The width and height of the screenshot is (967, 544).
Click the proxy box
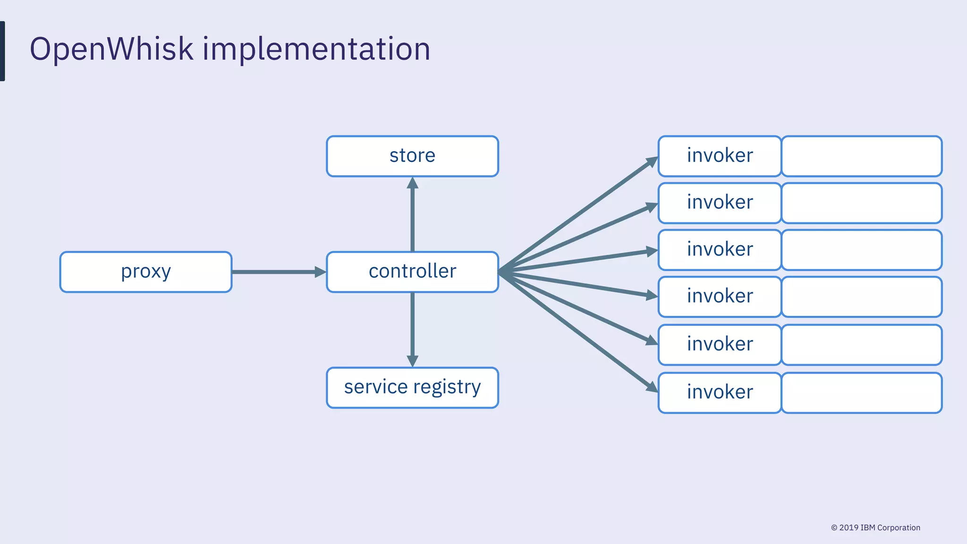click(x=145, y=272)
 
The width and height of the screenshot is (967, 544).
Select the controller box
click(x=412, y=272)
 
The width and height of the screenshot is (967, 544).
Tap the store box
click(x=412, y=156)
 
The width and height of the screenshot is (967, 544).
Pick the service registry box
click(x=412, y=388)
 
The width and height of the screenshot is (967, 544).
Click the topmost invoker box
click(x=720, y=156)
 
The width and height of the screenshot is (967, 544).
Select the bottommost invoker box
click(x=720, y=393)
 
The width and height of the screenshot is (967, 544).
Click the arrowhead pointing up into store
click(x=412, y=183)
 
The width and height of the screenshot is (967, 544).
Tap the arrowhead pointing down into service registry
click(x=412, y=361)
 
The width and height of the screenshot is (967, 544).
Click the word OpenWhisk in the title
click(x=111, y=50)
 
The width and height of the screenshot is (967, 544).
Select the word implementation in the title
click(x=316, y=50)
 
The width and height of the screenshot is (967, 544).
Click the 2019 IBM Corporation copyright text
click(x=875, y=527)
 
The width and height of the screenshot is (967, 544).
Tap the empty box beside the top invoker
click(x=862, y=156)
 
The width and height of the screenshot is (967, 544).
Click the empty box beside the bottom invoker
click(x=862, y=393)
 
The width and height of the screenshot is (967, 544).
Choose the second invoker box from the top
click(x=720, y=203)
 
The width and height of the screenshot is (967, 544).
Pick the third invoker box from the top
click(x=720, y=250)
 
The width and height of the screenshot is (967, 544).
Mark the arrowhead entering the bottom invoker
click(x=652, y=387)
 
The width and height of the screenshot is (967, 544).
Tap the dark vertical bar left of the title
click(x=2, y=51)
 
